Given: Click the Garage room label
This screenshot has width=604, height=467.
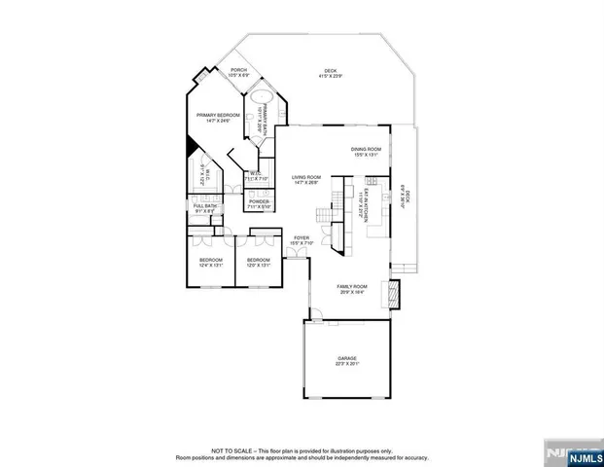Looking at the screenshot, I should [348, 360].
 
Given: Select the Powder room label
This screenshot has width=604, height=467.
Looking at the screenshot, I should [259, 204].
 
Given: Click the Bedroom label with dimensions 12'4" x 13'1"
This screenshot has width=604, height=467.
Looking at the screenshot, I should [211, 263].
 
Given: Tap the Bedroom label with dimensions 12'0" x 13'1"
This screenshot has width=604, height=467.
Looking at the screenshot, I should [258, 263].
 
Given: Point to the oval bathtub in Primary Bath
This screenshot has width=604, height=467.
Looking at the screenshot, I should [263, 98].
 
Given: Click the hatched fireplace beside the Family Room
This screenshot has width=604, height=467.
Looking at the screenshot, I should [393, 293].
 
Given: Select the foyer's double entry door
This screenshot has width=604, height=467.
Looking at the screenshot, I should [294, 254].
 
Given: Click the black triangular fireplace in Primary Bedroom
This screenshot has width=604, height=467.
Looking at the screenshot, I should [192, 143].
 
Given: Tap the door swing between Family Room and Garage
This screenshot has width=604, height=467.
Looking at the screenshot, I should [314, 314].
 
